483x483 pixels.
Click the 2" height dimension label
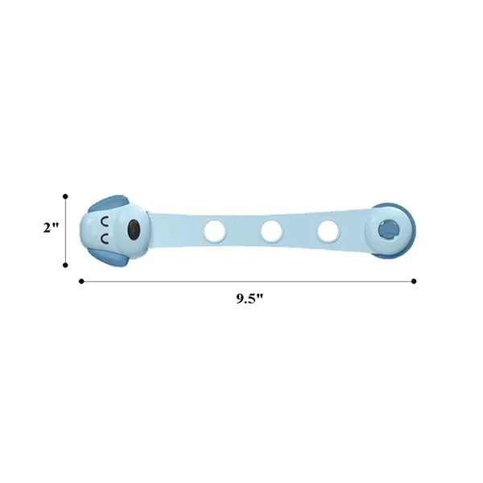click(51, 228)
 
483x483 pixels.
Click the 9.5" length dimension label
click(250, 299)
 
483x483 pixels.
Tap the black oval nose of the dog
click(134, 229)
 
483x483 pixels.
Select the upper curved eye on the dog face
click(105, 222)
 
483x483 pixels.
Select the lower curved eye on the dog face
click(105, 239)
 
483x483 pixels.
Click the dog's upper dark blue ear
click(109, 203)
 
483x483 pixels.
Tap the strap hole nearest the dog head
click(215, 230)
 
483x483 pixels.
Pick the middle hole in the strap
click(271, 231)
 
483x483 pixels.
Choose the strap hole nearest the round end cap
click(328, 231)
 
